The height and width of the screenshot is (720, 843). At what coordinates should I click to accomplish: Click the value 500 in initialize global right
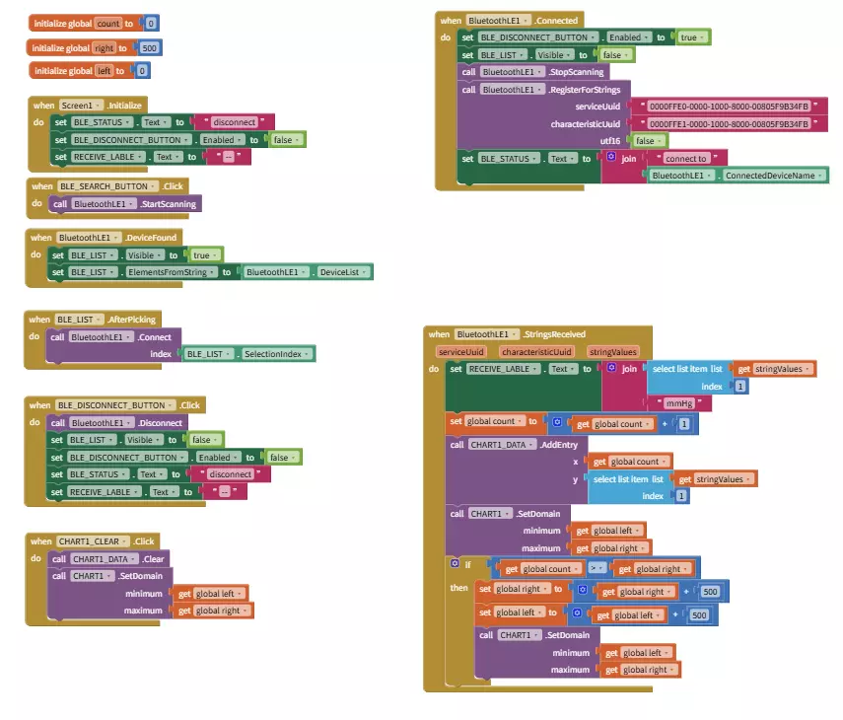point(150,47)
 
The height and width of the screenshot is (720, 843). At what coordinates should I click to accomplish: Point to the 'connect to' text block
point(686,158)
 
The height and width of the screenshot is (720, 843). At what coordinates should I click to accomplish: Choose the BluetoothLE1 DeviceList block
point(308,272)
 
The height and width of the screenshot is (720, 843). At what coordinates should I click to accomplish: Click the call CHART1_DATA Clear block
point(109,559)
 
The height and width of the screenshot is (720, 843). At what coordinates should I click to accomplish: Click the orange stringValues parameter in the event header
point(613,351)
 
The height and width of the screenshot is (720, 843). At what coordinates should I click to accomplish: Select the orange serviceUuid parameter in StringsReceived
point(461,351)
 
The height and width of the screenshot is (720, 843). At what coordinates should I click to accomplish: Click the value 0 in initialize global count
point(151,23)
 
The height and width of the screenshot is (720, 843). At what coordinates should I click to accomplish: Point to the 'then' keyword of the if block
point(459,588)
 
